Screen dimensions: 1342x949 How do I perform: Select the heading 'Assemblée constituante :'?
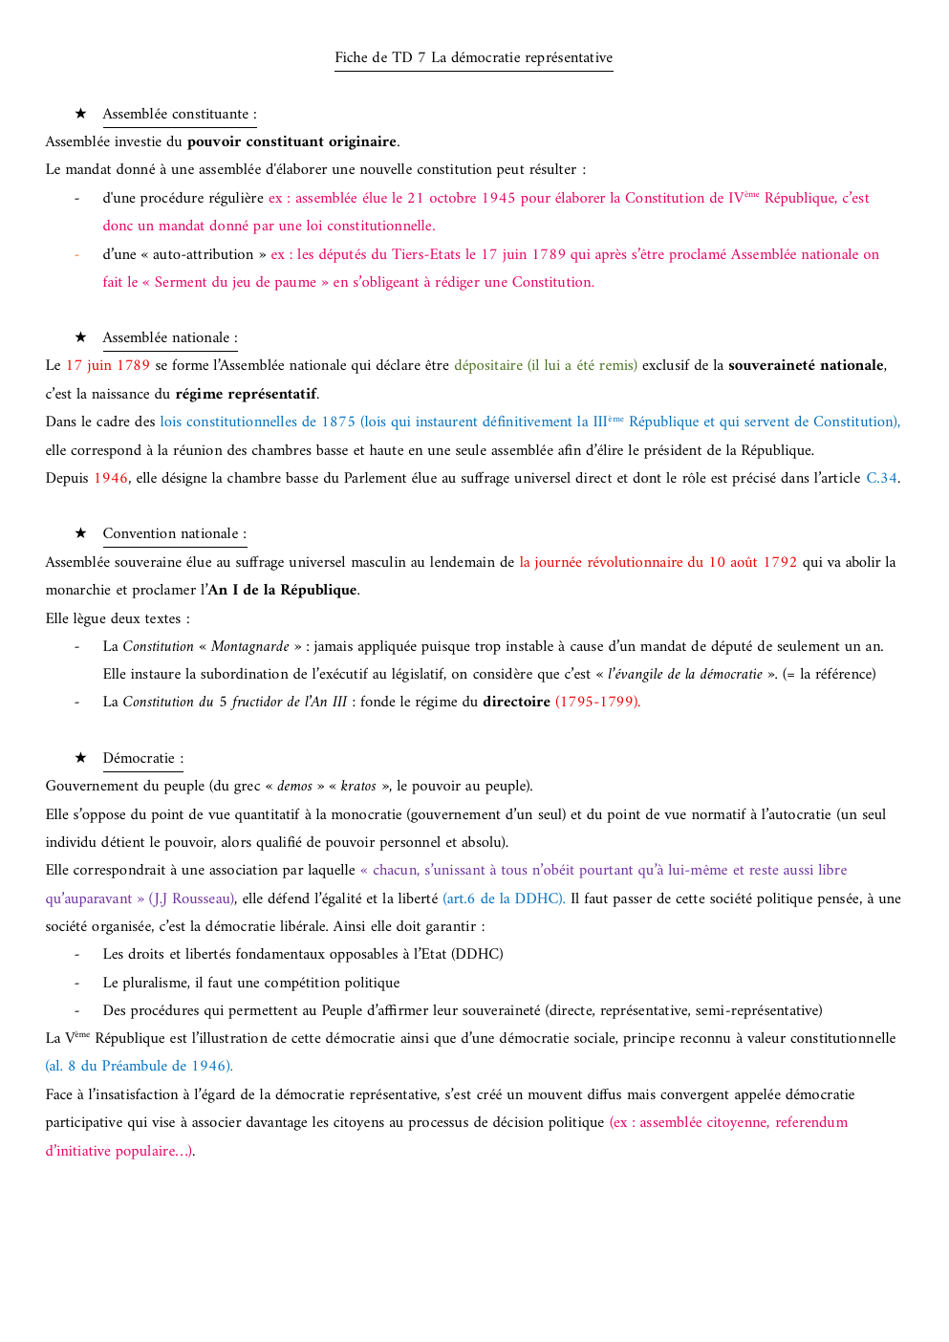pyautogui.click(x=180, y=115)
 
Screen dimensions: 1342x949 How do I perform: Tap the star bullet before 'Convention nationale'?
pyautogui.click(x=81, y=533)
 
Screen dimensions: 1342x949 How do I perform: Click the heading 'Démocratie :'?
pyautogui.click(x=143, y=759)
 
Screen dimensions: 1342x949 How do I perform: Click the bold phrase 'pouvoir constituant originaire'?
pyautogui.click(x=291, y=142)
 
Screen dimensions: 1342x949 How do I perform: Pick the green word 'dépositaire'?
pyautogui.click(x=488, y=366)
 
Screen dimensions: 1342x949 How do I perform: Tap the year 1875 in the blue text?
pyautogui.click(x=338, y=422)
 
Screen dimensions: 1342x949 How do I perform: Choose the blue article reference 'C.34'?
pyautogui.click(x=881, y=479)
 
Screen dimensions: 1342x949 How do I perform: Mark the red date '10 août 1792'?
pyautogui.click(x=752, y=563)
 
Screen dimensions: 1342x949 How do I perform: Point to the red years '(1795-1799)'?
pyautogui.click(x=597, y=703)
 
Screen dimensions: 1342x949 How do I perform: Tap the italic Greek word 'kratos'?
pyautogui.click(x=358, y=787)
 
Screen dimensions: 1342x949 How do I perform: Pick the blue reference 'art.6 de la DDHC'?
pyautogui.click(x=504, y=899)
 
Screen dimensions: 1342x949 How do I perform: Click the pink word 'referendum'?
pyautogui.click(x=811, y=1123)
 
